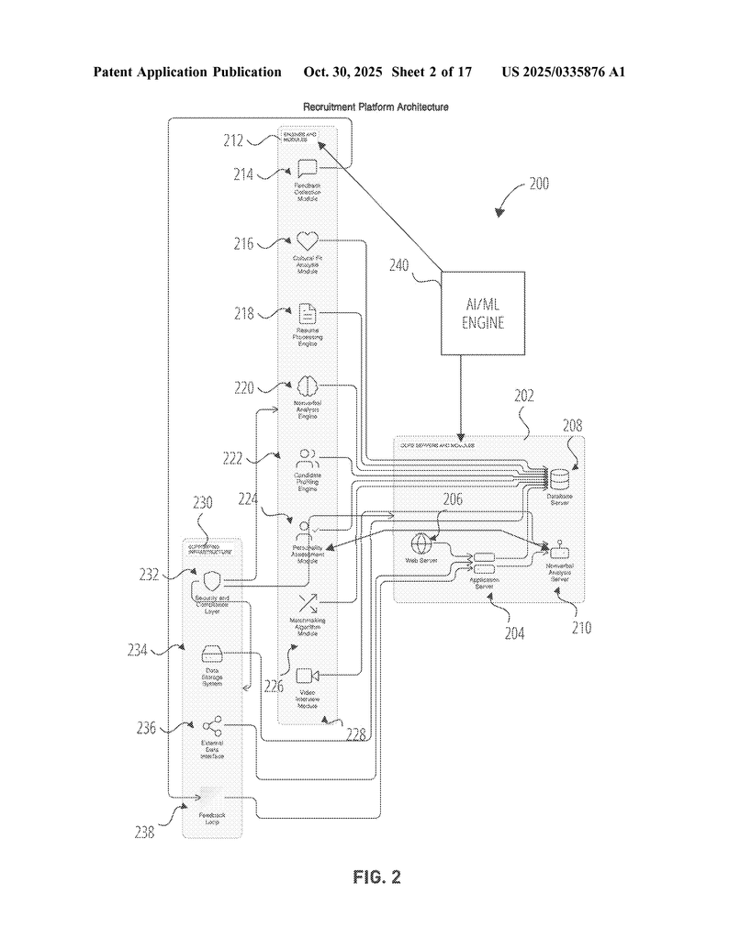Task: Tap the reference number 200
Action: (539, 184)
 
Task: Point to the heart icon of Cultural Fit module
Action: (307, 241)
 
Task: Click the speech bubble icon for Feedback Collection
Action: (307, 168)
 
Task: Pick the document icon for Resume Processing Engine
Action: (307, 313)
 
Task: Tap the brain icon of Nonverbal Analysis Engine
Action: (307, 386)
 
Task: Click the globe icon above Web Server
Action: (421, 542)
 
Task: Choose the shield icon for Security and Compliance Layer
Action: (212, 580)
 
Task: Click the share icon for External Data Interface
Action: (212, 727)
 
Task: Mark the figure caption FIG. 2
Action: (376, 877)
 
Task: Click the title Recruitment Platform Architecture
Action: (376, 107)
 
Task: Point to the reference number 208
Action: (571, 426)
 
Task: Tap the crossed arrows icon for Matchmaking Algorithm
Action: (307, 603)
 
